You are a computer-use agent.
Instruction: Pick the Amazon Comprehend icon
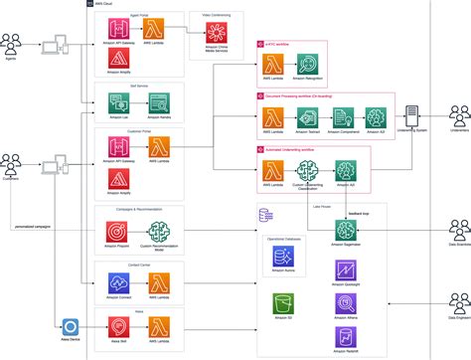click(341, 114)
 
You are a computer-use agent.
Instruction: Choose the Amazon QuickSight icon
click(347, 270)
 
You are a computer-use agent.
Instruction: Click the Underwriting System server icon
click(411, 114)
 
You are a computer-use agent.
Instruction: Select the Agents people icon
click(13, 43)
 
